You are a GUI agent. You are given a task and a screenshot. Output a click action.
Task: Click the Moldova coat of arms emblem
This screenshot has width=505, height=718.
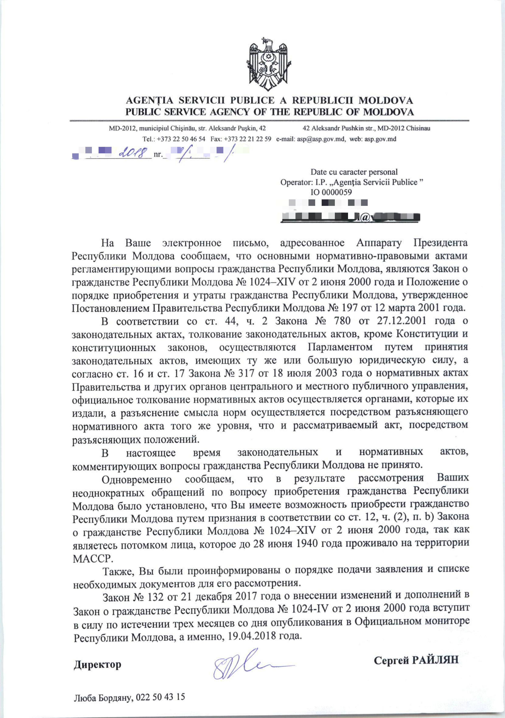tap(268, 64)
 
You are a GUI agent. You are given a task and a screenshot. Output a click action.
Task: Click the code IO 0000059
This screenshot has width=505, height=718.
tap(331, 192)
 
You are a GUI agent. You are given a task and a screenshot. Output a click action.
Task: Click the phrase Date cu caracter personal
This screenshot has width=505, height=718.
tap(354, 172)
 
